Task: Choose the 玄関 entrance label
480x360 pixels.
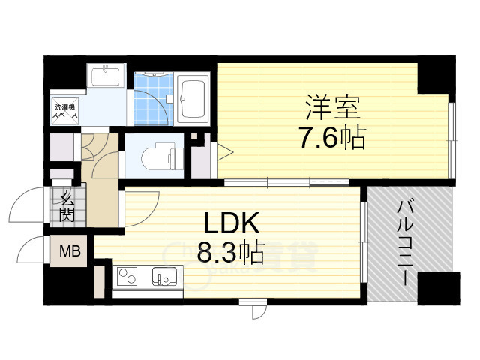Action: click(x=67, y=207)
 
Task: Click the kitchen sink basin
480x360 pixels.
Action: click(x=163, y=278)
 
